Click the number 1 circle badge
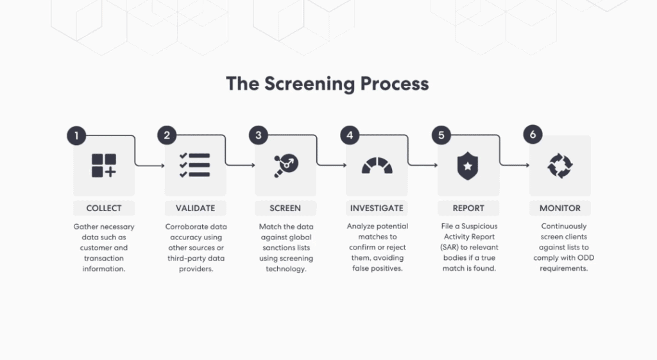tap(76, 135)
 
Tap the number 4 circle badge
tap(350, 135)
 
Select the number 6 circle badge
tap(533, 135)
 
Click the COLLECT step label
tap(104, 208)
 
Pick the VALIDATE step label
tap(195, 208)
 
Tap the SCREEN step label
tap(286, 208)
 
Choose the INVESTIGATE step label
tap(377, 208)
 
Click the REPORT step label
tap(468, 208)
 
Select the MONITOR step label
tap(560, 208)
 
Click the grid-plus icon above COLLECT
tap(104, 166)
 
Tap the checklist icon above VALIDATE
tap(195, 166)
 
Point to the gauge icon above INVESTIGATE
tap(377, 166)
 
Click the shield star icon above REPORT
tap(468, 166)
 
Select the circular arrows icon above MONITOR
tap(560, 166)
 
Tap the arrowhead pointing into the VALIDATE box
tap(162, 166)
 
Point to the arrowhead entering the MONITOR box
tap(527, 166)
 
